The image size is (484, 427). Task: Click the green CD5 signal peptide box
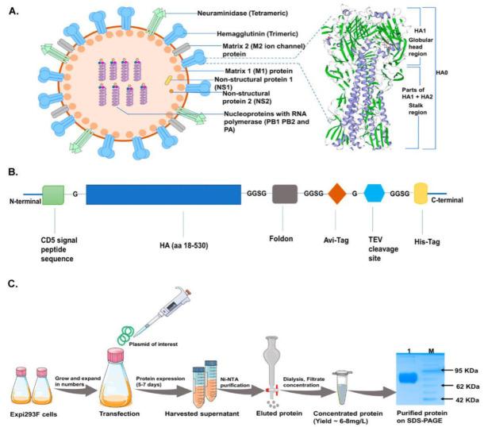[53, 195]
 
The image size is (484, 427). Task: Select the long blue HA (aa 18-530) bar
[163, 195]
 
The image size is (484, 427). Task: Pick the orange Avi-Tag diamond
[337, 195]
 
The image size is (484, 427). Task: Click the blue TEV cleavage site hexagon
[375, 195]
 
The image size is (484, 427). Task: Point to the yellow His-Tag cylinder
[421, 195]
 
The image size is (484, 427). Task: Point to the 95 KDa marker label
[455, 348]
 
